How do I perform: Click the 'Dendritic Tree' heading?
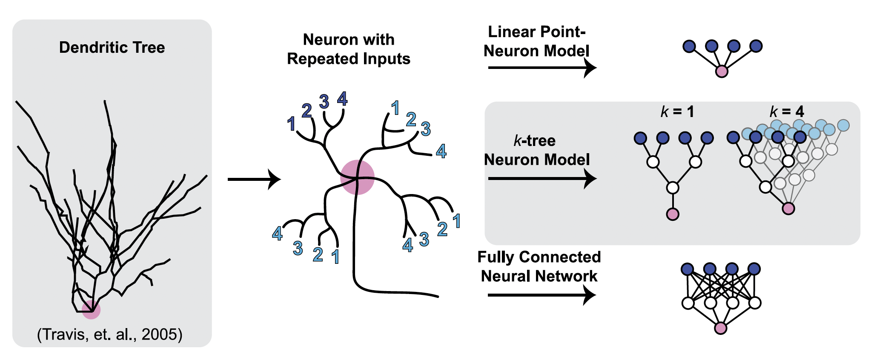[x=112, y=47]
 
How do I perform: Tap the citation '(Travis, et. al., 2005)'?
[x=110, y=334]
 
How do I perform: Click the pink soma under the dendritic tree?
[x=91, y=309]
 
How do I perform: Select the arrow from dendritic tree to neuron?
[x=254, y=179]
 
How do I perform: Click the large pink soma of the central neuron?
[x=357, y=177]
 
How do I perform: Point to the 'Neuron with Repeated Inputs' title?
[x=348, y=49]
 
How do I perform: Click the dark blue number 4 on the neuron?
[x=342, y=99]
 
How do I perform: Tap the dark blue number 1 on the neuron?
[x=291, y=124]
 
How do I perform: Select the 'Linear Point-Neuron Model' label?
[x=536, y=41]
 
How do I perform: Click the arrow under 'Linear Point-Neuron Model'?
[x=542, y=67]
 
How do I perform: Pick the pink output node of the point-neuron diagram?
[x=722, y=71]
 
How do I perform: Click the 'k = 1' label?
[x=677, y=112]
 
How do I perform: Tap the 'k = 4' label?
[x=787, y=112]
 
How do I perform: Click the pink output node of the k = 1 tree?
[x=673, y=214]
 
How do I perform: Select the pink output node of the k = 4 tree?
[x=788, y=209]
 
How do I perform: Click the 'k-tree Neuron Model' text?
[x=536, y=150]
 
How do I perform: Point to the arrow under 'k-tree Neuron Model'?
[x=542, y=178]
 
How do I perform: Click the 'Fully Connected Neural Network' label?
[x=539, y=266]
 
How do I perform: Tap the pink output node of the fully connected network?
[x=721, y=328]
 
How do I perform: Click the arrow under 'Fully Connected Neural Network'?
[x=542, y=294]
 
